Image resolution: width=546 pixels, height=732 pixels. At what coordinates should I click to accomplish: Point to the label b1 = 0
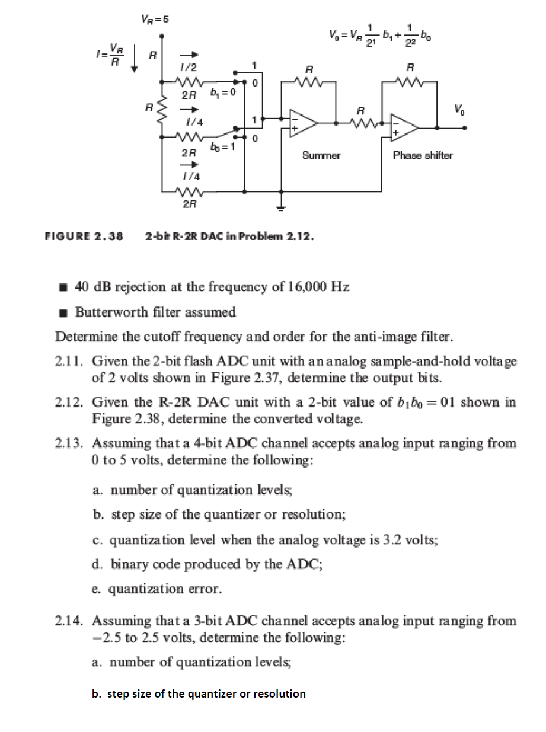click(222, 93)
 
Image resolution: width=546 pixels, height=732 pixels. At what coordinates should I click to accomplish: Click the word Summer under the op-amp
click(321, 155)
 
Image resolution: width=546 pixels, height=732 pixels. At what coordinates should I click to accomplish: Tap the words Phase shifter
click(423, 155)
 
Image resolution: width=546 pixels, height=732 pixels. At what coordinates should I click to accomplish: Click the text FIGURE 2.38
click(84, 236)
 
